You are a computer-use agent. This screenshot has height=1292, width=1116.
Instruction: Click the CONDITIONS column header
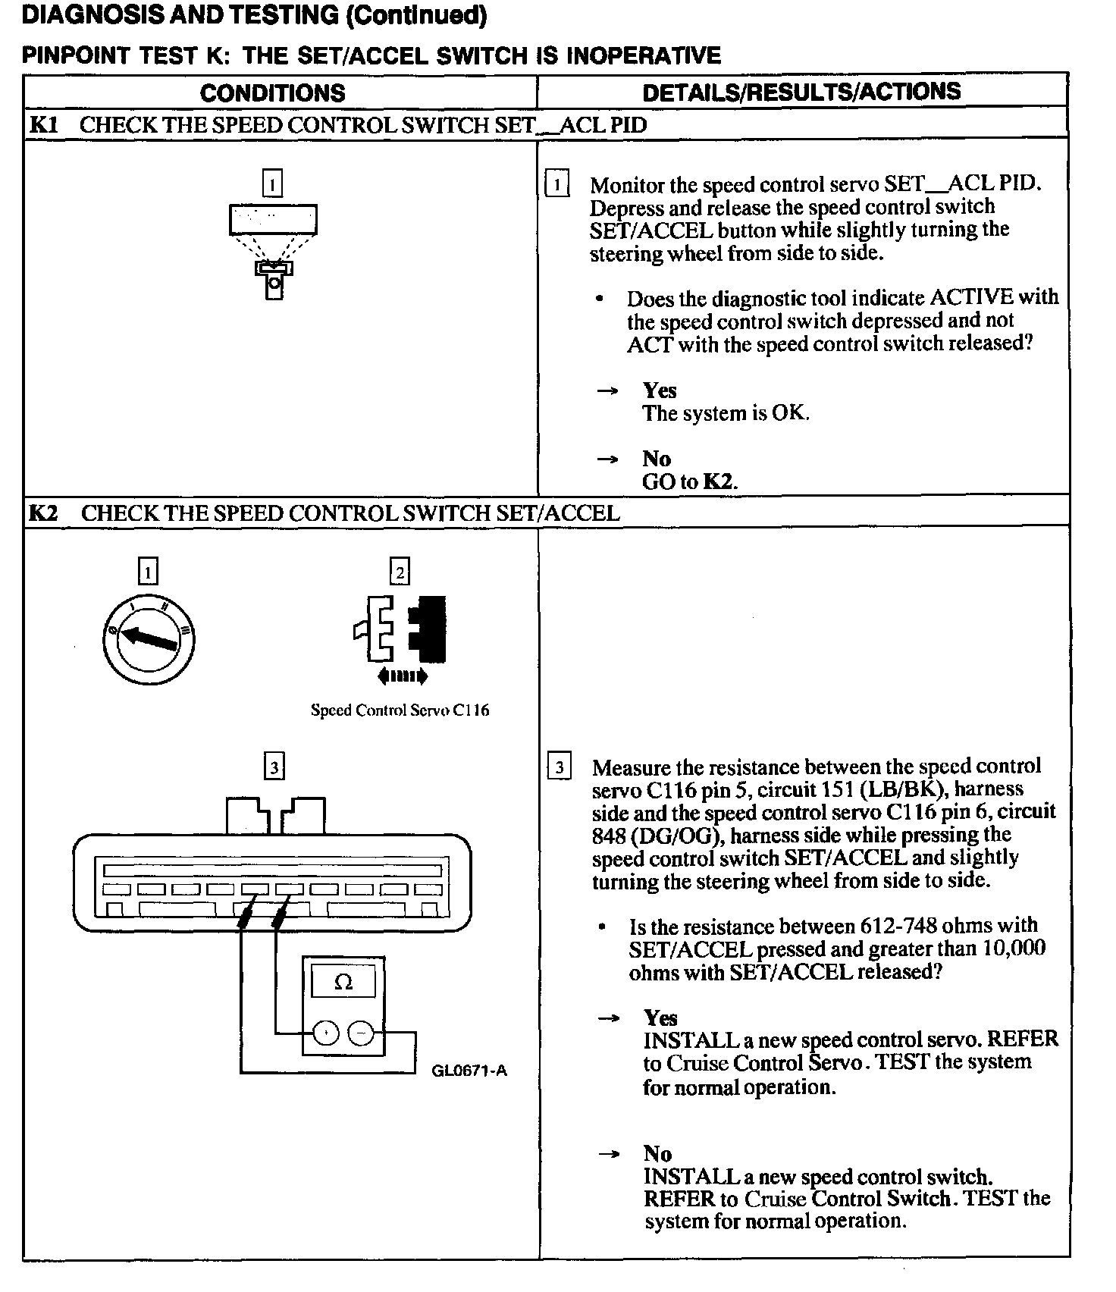click(272, 93)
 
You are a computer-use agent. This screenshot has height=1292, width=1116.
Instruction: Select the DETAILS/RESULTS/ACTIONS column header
click(801, 92)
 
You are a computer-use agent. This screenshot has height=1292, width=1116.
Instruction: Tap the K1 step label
click(43, 124)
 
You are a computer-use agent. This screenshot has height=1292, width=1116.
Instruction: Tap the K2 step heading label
click(43, 513)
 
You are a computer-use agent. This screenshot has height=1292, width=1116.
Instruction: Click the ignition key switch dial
click(149, 639)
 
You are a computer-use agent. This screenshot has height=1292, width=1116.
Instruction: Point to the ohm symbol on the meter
click(343, 983)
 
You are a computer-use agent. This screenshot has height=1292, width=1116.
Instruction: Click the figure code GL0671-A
click(469, 1071)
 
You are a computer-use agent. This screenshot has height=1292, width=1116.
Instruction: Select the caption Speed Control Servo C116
click(400, 710)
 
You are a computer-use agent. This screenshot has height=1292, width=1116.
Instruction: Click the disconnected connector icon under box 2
click(400, 629)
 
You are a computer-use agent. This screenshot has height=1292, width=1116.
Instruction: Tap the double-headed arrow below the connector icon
click(402, 676)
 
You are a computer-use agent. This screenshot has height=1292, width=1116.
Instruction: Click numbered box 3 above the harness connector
click(274, 767)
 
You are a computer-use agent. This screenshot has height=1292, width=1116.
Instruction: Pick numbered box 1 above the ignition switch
click(148, 571)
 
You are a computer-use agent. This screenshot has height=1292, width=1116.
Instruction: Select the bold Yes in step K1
click(660, 390)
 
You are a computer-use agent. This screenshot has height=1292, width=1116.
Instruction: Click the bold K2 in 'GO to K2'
click(719, 481)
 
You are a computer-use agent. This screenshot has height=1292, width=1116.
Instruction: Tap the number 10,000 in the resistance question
click(1013, 949)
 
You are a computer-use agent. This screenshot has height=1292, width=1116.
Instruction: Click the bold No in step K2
click(658, 1153)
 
